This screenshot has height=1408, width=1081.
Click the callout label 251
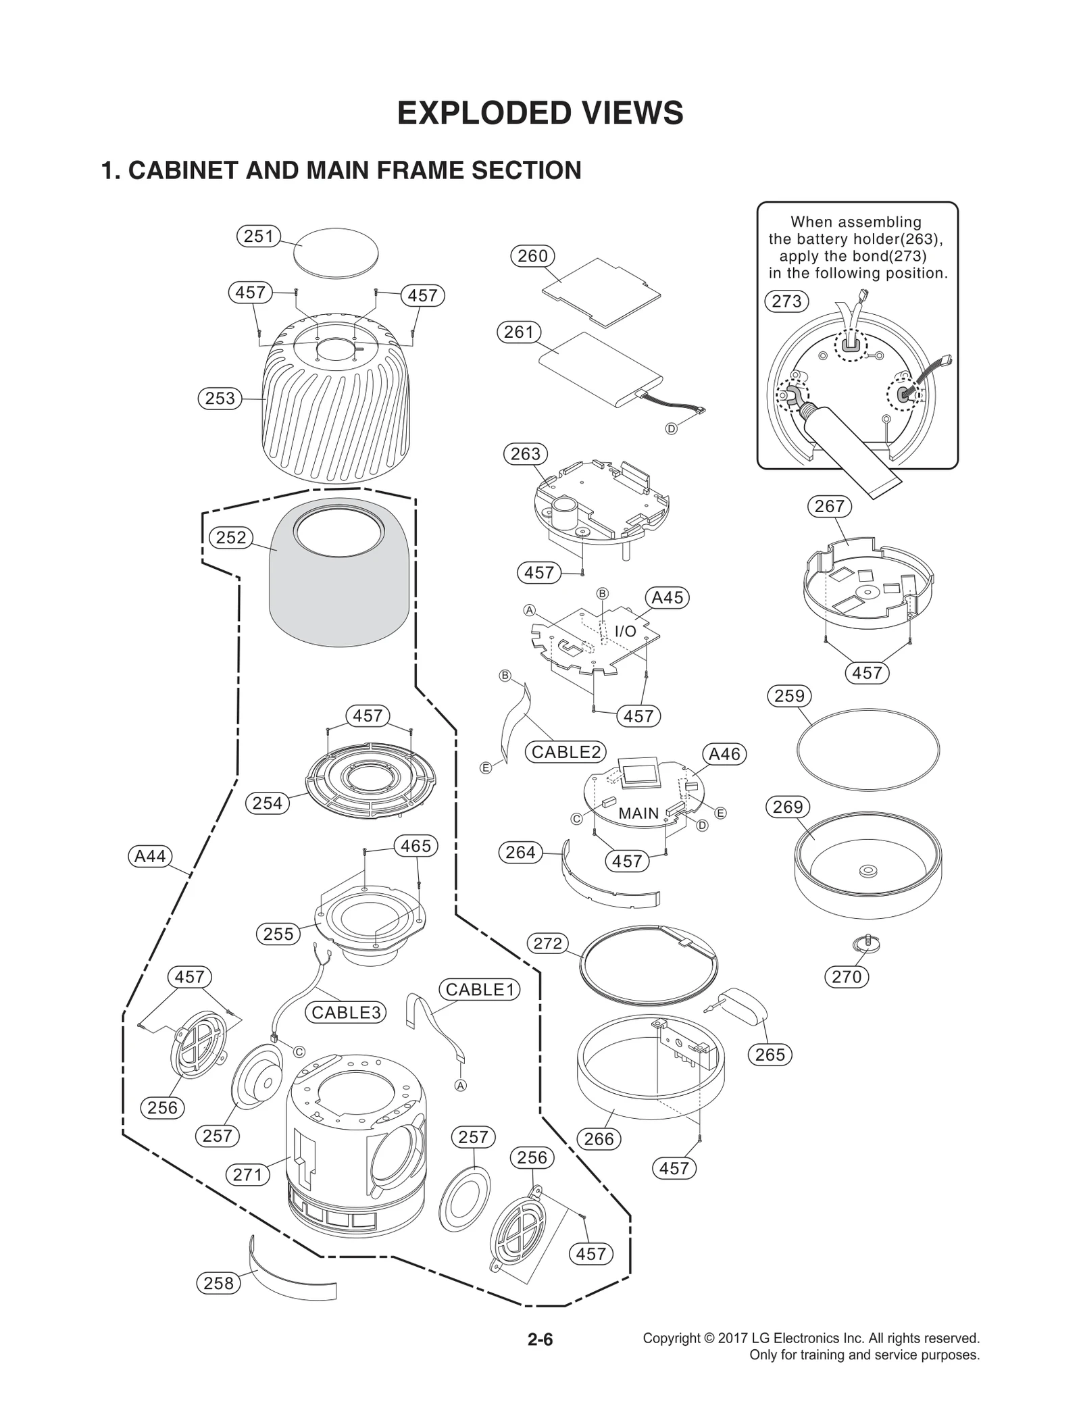(258, 236)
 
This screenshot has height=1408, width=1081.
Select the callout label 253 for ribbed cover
(220, 399)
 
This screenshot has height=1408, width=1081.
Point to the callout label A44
(150, 857)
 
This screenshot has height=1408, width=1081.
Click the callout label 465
(416, 846)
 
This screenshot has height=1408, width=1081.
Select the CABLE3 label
(347, 1012)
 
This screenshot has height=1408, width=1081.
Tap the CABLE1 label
(480, 990)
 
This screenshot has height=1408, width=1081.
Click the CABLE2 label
(565, 752)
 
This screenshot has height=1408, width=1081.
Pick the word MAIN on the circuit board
(638, 813)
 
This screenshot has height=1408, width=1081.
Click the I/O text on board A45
(625, 631)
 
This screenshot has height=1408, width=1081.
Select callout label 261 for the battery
(519, 332)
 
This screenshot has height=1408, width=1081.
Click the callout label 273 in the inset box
(786, 301)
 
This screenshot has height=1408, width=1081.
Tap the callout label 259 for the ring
(789, 696)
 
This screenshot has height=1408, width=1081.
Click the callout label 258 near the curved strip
(218, 1283)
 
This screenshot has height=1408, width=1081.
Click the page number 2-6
(540, 1339)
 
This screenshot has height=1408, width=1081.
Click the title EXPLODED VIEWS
(540, 114)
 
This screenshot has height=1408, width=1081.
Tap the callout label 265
(770, 1055)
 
